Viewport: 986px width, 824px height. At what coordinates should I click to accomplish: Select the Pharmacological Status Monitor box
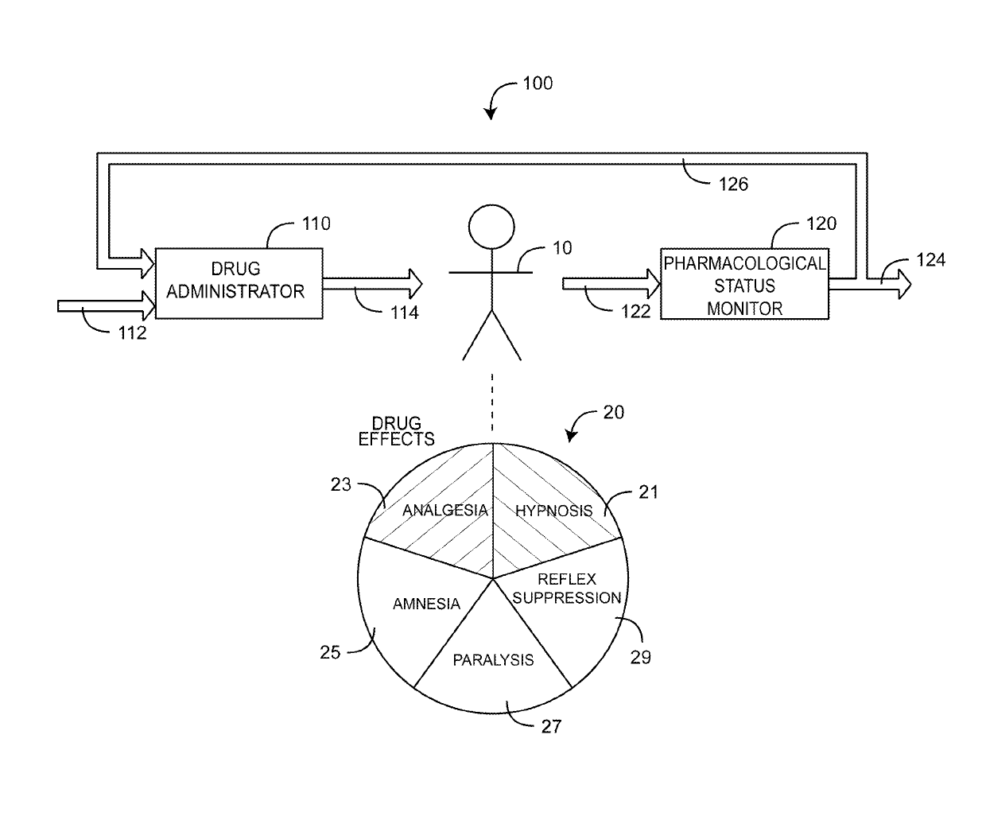click(x=744, y=284)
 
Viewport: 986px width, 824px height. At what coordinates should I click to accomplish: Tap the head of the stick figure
click(x=491, y=226)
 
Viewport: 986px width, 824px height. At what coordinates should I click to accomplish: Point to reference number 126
click(x=732, y=185)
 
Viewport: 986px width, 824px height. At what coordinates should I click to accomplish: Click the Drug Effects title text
click(x=396, y=431)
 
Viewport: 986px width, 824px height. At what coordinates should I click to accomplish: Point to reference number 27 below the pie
click(x=550, y=727)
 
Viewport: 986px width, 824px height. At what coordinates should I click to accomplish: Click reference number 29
click(x=640, y=657)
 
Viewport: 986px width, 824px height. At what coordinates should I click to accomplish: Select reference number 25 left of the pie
click(x=330, y=653)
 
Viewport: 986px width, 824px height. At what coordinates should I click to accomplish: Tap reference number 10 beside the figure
click(x=561, y=248)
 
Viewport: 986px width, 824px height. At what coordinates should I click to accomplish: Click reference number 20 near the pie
click(x=613, y=412)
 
